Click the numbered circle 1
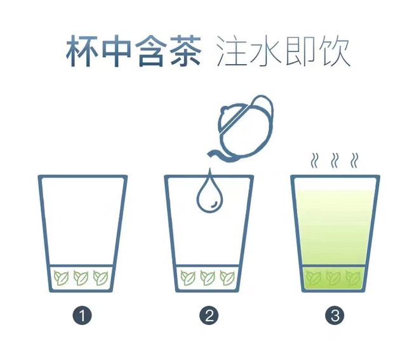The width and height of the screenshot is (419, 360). pos(82,316)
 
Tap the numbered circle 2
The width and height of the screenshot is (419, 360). pos(209,316)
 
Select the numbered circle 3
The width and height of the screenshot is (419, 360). pos(335,316)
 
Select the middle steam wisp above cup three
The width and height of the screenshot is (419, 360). pos(335,161)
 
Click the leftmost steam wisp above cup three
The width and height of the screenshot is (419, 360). pos(315,161)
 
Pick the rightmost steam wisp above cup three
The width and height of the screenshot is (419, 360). pos(355,161)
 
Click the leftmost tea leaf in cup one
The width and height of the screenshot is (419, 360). pos(61,277)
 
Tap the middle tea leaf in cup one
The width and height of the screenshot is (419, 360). pos(81,277)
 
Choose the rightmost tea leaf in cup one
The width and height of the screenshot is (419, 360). pos(101,277)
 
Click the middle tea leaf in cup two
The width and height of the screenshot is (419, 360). pos(208,277)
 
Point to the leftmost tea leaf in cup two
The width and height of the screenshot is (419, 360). pos(188,277)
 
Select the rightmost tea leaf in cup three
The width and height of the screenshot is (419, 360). pos(353,277)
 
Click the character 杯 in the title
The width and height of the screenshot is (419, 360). pos(82,51)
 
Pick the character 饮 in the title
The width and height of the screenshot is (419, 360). pos(334,51)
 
